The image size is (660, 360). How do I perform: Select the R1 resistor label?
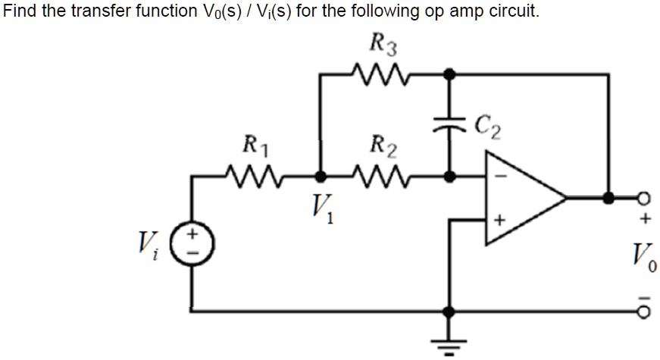pyautogui.click(x=252, y=144)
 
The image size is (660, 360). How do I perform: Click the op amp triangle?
pyautogui.click(x=523, y=198)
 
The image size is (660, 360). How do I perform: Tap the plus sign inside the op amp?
pyautogui.click(x=499, y=220)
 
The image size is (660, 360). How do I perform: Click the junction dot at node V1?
pyautogui.click(x=320, y=177)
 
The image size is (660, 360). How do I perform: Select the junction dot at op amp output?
pyautogui.click(x=608, y=198)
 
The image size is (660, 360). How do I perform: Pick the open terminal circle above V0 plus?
pyautogui.click(x=646, y=198)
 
